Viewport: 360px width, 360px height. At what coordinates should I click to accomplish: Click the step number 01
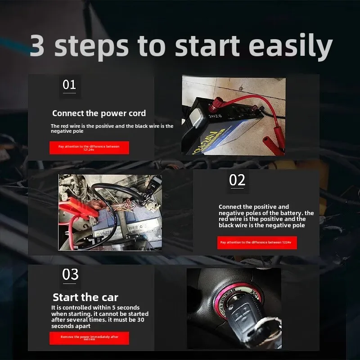pyautogui.click(x=69, y=85)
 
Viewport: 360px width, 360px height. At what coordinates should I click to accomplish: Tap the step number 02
pyautogui.click(x=237, y=180)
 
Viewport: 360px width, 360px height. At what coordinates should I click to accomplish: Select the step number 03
pyautogui.click(x=70, y=274)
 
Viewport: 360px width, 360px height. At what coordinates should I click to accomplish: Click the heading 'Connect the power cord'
pyautogui.click(x=99, y=113)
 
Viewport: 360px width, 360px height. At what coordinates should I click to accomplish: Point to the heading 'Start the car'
pyautogui.click(x=85, y=297)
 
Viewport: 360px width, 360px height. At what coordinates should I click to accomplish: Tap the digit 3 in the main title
pyautogui.click(x=37, y=45)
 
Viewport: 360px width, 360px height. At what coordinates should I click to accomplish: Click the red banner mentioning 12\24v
pyautogui.click(x=89, y=148)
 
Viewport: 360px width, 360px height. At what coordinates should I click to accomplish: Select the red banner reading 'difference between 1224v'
pyautogui.click(x=257, y=243)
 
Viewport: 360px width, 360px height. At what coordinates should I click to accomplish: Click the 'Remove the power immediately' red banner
pyautogui.click(x=89, y=338)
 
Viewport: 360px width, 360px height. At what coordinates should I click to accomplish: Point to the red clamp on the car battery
pyautogui.click(x=79, y=208)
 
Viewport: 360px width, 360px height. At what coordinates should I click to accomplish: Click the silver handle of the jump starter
pyautogui.click(x=195, y=117)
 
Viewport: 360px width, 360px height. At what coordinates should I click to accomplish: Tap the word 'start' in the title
pyautogui.click(x=207, y=45)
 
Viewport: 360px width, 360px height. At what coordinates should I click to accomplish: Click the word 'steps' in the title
pyautogui.click(x=91, y=47)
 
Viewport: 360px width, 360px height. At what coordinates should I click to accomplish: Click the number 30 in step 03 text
pyautogui.click(x=140, y=320)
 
